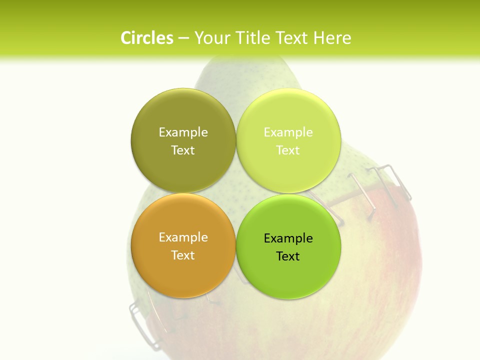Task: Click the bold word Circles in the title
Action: [x=147, y=38]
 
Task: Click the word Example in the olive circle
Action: [x=183, y=132]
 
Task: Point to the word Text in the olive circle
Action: [x=183, y=150]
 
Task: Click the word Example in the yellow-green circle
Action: [x=288, y=132]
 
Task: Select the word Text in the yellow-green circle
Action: [x=288, y=150]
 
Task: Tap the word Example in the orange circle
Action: [x=183, y=237]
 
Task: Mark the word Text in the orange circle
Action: [x=183, y=255]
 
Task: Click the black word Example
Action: [x=288, y=238]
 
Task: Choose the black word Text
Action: [x=288, y=256]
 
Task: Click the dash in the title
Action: [x=183, y=38]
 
